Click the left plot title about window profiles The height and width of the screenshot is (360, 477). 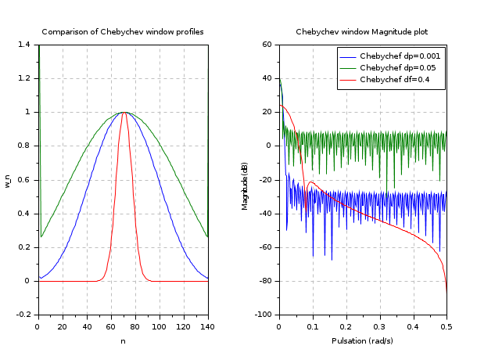tap(123, 32)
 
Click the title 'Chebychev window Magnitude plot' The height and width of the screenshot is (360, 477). tap(362, 32)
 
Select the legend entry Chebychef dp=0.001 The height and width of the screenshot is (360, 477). tap(400, 56)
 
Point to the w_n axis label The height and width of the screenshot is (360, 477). tap(9, 180)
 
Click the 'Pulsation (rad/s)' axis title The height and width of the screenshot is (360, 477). tap(363, 340)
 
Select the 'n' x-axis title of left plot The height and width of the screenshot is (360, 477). tap(123, 340)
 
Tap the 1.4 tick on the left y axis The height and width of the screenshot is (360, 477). tap(26, 45)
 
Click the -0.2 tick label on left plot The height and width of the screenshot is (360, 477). tap(24, 314)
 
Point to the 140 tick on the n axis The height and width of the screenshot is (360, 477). tap(208, 325)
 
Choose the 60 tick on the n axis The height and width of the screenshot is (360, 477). tap(110, 325)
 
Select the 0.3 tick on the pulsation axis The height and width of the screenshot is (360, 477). tap(380, 325)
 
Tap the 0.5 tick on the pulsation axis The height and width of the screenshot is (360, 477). tap(447, 325)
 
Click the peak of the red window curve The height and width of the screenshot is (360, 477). tap(124, 113)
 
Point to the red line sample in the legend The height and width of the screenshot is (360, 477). tap(348, 80)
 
